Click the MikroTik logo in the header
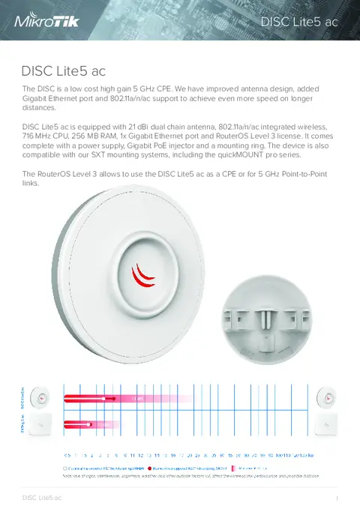[x=47, y=22]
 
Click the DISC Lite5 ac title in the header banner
[x=299, y=22]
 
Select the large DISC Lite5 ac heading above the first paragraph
[x=63, y=72]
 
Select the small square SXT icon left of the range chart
[x=43, y=425]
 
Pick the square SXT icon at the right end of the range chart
[x=328, y=425]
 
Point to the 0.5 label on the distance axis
[x=67, y=455]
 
